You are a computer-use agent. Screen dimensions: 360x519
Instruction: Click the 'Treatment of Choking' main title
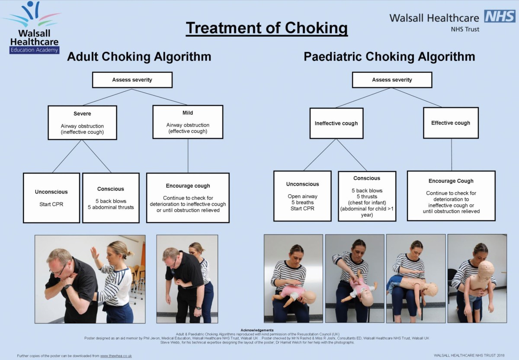(267, 28)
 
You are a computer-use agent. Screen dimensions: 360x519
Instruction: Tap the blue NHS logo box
(500, 16)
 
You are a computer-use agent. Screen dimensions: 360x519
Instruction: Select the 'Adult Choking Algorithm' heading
(139, 57)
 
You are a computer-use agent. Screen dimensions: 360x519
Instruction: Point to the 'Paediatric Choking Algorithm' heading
(389, 57)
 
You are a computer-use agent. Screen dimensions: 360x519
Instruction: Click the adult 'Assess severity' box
(132, 80)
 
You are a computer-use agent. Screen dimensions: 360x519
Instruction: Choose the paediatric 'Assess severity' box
(392, 80)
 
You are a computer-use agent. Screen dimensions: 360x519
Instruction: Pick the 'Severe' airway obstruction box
(82, 122)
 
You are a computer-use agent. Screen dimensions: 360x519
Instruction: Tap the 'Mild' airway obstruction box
(188, 122)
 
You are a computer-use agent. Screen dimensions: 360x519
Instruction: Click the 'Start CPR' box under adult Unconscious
(51, 198)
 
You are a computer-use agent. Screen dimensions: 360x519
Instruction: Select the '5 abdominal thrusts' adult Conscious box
(111, 198)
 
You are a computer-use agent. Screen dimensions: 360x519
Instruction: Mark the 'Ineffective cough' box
(336, 123)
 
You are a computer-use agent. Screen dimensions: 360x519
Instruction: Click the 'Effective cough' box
(451, 123)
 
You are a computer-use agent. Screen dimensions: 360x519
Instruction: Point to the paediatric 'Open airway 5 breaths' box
(302, 196)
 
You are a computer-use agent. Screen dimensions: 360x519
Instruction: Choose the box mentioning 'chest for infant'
(367, 196)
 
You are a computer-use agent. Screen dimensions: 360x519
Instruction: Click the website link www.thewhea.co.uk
(116, 356)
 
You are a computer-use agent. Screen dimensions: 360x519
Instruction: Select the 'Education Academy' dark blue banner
(34, 50)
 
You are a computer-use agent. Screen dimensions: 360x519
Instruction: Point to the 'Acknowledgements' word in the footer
(259, 330)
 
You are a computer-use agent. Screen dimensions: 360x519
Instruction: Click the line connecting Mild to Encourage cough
(188, 156)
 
